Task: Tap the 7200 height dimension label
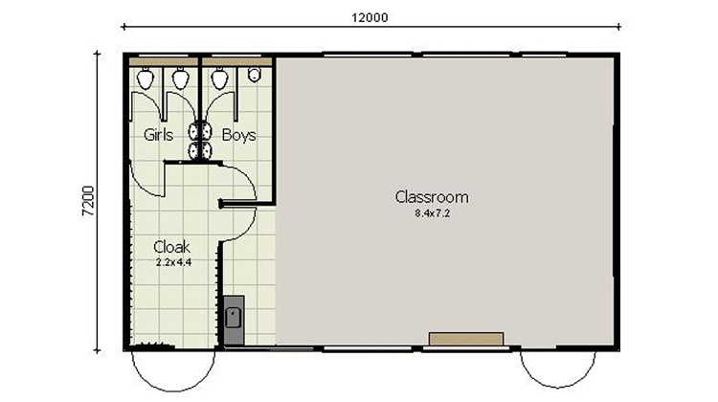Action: tap(88, 202)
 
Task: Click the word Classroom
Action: tap(432, 197)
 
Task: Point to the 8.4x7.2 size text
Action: tap(432, 213)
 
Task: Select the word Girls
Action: tap(158, 135)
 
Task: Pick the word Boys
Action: tap(238, 135)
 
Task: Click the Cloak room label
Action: tap(172, 246)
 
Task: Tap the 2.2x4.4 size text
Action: tap(172, 260)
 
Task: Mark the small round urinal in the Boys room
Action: tap(255, 75)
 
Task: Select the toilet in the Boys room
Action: tap(220, 78)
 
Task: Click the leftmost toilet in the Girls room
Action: tap(146, 78)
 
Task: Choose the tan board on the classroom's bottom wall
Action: tap(466, 339)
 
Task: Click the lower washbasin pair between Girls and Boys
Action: tap(198, 150)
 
